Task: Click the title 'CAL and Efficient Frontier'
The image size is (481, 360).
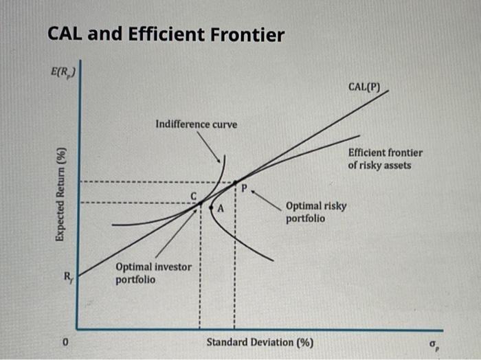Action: pos(165,35)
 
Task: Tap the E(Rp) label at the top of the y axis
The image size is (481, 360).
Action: pos(63,70)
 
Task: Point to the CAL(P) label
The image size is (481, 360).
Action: pos(368,88)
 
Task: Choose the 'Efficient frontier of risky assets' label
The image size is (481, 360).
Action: pos(385,159)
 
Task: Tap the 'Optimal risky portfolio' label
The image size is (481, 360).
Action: pos(316,212)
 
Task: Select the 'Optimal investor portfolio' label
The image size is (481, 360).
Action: pos(154,272)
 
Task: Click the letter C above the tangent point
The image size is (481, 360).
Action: pos(194,197)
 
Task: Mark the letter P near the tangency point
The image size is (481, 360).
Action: pos(242,186)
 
